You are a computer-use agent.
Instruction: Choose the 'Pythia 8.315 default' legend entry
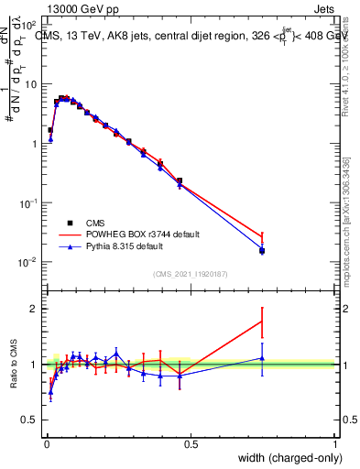[x=114, y=246]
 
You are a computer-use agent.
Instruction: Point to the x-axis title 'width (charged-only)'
[x=286, y=457]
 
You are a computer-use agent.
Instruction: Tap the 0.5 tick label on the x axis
[x=191, y=443]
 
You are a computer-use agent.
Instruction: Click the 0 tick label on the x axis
[x=47, y=443]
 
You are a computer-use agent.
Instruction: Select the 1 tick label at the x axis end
[x=335, y=443]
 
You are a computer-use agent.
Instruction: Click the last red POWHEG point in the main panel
[x=262, y=237]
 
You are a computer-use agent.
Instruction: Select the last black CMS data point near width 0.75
[x=262, y=250]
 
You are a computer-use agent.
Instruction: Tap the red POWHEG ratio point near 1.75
[x=262, y=322]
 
